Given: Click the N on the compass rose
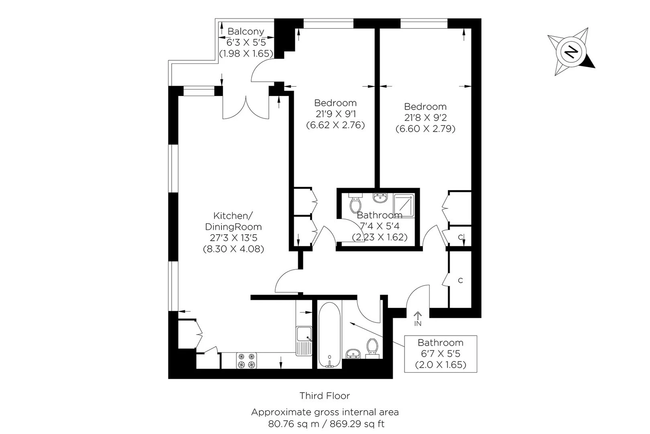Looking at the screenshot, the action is (x=571, y=52).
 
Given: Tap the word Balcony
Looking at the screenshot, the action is (x=246, y=31).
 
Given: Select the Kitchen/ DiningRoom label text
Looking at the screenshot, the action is (x=233, y=221).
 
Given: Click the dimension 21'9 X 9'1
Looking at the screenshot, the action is (x=336, y=114).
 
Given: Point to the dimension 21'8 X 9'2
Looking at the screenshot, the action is (x=425, y=117).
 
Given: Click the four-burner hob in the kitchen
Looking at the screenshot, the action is (x=246, y=360).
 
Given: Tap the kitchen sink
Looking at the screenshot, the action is (x=304, y=341).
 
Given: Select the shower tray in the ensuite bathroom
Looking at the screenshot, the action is (x=404, y=206).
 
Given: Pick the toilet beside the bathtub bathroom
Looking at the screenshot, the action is (x=372, y=348).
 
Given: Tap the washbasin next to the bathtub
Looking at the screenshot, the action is (x=353, y=354).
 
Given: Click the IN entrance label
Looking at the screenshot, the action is (x=418, y=323).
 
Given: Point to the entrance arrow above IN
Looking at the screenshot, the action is (x=418, y=315).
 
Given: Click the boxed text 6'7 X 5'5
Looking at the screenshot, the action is (x=441, y=354).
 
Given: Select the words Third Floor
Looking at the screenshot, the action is (x=325, y=396).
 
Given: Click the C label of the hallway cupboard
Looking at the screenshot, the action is (x=460, y=280).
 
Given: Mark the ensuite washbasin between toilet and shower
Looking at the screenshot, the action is (x=380, y=198).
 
